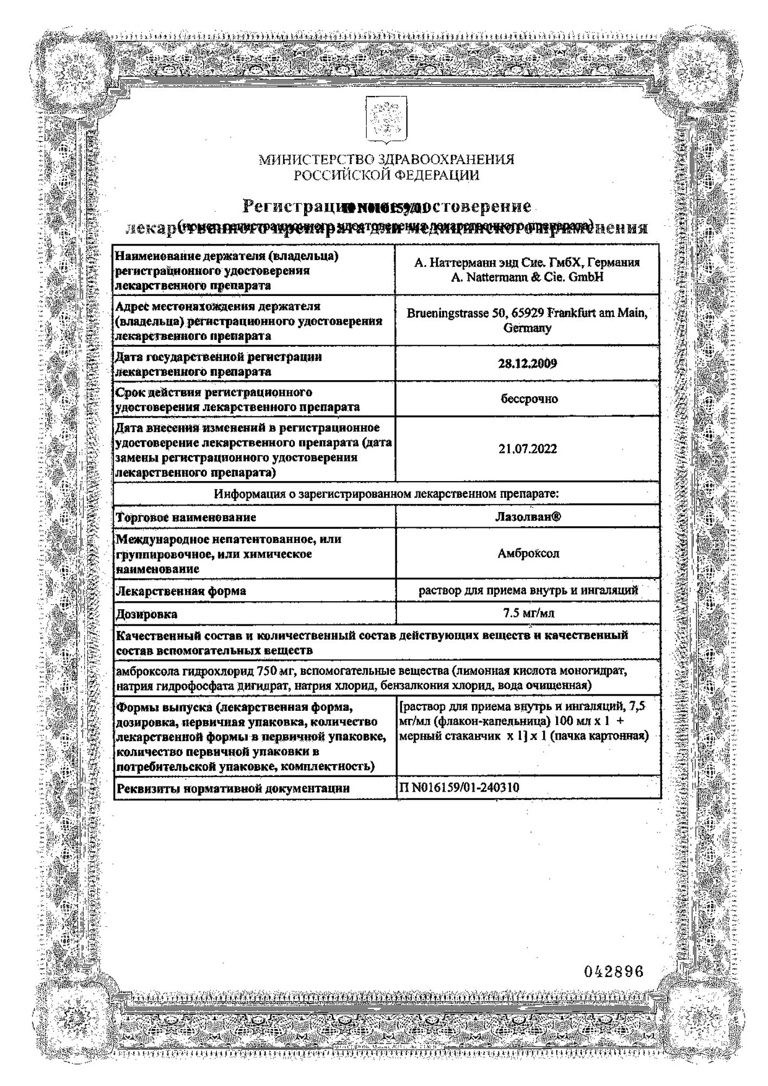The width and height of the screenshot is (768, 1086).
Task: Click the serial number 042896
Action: pos(613,971)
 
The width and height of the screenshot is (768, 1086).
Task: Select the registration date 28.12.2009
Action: pos(527,364)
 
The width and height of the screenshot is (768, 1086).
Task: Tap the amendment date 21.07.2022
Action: pos(527,449)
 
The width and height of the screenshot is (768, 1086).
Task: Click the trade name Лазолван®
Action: pos(527,516)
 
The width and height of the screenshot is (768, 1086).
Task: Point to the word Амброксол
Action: pos(527,553)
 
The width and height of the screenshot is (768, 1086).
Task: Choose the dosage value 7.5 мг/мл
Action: pos(527,614)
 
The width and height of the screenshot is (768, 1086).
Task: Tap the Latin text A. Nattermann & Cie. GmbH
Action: pos(527,277)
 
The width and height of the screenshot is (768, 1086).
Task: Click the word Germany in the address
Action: pos(527,328)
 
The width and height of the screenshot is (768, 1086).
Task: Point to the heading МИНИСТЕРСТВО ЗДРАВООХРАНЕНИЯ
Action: pos(386,160)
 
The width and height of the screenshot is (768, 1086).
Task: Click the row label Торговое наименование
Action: pos(186,517)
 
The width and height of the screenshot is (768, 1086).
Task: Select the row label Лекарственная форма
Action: pos(181,591)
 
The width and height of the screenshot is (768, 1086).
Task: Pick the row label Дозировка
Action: pos(147,614)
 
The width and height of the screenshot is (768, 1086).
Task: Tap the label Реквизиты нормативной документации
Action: pos(232,788)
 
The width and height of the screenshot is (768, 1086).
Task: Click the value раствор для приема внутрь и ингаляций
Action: pos(527,590)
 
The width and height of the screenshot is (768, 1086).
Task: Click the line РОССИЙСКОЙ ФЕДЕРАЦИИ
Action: pos(386,175)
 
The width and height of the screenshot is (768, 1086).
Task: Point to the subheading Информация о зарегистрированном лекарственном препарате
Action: pos(386,494)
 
